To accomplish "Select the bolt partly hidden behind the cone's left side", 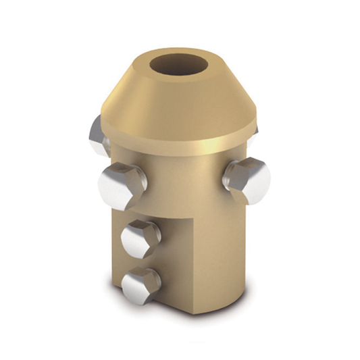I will coord(97,137).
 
